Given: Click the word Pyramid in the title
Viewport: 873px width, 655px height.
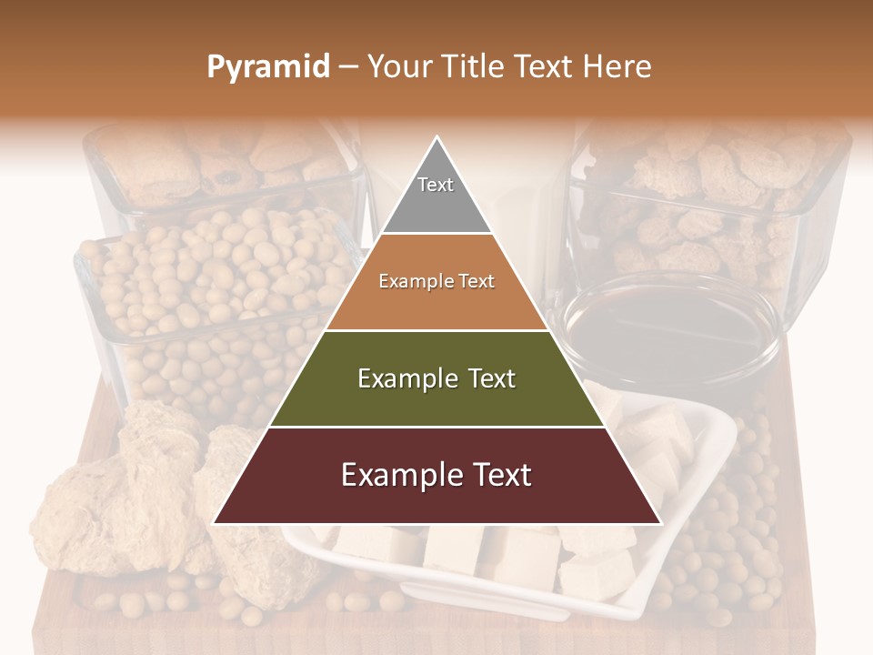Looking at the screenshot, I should pos(267,67).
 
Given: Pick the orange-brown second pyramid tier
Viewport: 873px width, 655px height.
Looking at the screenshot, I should pos(436,300).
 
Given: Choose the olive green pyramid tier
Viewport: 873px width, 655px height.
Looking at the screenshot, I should pos(436,396).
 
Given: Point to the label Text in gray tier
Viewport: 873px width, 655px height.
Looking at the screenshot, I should pos(436,185).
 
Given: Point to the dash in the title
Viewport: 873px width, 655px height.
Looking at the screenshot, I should pos(347,67).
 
